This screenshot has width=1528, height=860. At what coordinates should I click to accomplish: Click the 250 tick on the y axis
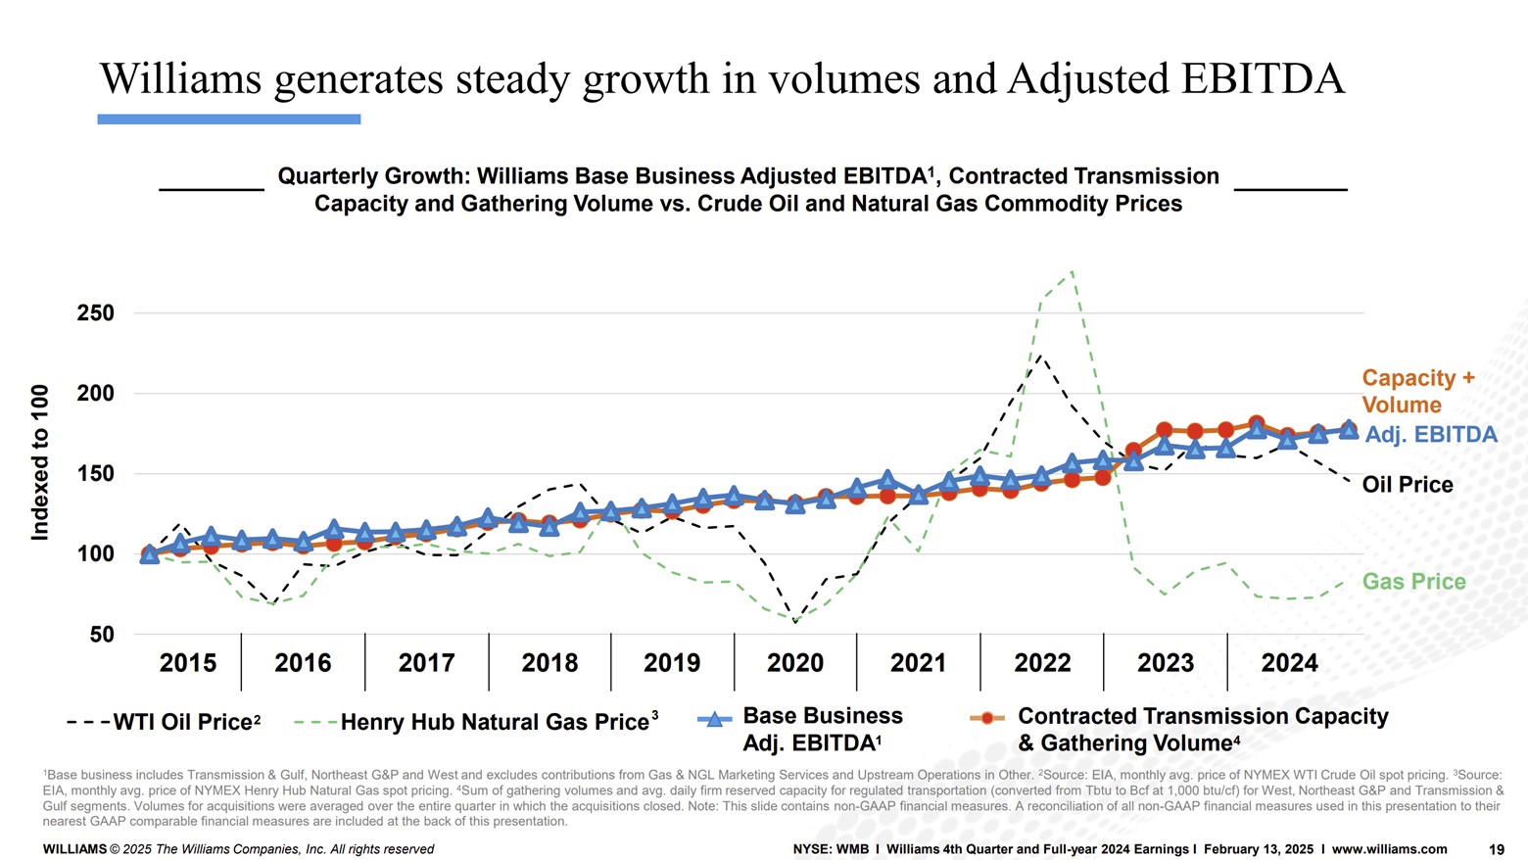click(x=95, y=313)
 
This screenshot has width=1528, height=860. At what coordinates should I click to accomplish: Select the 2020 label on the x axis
click(x=794, y=663)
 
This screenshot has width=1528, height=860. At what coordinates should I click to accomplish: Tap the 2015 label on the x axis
click(x=187, y=663)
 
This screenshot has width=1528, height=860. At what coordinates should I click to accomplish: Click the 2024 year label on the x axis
click(x=1289, y=663)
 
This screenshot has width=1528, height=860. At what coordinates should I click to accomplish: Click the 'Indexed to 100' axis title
click(x=40, y=462)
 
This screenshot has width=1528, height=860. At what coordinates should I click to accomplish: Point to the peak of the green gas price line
click(x=1073, y=271)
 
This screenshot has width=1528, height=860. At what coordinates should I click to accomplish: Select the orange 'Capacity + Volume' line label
click(x=1417, y=392)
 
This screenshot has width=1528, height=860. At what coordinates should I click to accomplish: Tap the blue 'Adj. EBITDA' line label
click(x=1430, y=435)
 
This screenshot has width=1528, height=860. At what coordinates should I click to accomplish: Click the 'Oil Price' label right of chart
click(x=1407, y=485)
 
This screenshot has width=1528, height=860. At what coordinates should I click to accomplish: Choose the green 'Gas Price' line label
click(x=1413, y=582)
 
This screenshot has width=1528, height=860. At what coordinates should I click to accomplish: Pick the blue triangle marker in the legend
click(x=714, y=720)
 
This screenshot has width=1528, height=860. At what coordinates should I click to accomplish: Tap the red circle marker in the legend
click(x=987, y=718)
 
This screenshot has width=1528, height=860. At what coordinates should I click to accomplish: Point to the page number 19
click(x=1496, y=849)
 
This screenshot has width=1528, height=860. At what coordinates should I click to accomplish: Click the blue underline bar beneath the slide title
click(x=229, y=119)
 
